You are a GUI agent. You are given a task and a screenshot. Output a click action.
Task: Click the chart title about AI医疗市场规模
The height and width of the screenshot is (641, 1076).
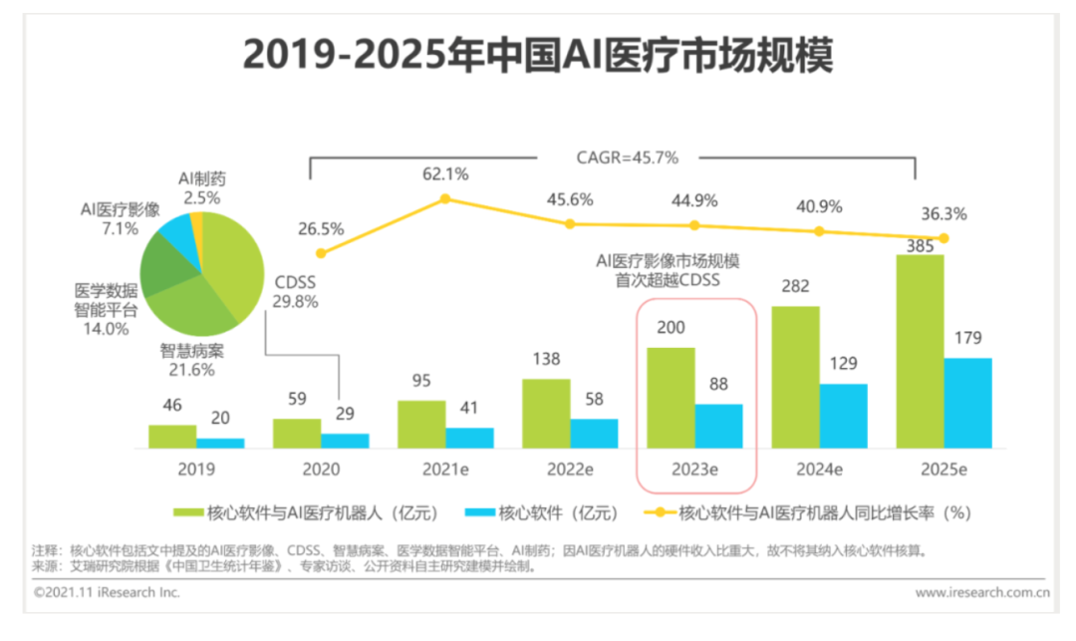538,55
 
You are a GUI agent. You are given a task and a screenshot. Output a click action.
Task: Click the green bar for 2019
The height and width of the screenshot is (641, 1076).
172,436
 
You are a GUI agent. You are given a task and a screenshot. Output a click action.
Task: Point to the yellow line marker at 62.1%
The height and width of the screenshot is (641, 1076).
445,199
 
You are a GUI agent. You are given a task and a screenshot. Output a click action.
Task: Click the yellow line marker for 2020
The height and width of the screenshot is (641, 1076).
320,253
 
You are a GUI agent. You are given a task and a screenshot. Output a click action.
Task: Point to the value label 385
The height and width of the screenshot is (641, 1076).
919,244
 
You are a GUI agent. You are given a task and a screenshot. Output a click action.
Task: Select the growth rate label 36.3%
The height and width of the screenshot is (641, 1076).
943,214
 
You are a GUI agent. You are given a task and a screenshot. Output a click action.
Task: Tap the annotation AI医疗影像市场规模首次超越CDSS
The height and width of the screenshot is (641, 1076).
668,271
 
